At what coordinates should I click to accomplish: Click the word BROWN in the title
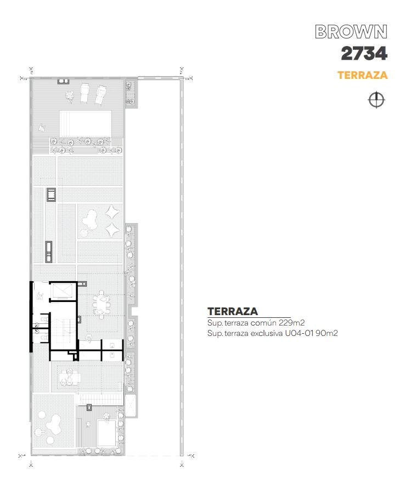click(351, 32)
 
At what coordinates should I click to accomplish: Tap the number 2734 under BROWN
click(364, 54)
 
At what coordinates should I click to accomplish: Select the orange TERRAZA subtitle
click(362, 75)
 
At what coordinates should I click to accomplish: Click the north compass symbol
click(376, 100)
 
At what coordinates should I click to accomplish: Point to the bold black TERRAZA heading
click(233, 311)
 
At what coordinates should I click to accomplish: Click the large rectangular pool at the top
click(86, 124)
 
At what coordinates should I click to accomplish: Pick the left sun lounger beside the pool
click(84, 93)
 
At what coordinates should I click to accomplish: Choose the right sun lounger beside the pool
click(100, 95)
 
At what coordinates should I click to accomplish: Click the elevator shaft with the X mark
click(61, 292)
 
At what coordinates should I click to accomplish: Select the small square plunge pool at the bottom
click(106, 433)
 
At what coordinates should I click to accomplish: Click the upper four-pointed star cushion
click(112, 213)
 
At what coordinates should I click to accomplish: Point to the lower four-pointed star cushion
click(112, 230)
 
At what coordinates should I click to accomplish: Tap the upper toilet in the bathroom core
click(44, 318)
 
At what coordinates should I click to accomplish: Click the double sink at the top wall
click(63, 81)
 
